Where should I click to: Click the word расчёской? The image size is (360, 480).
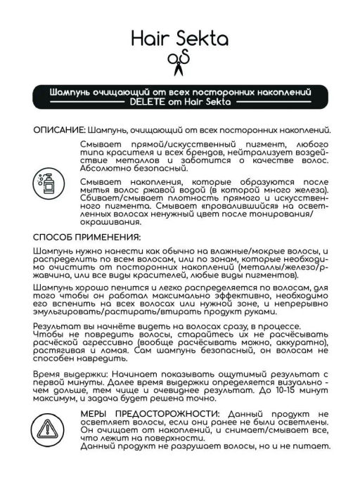click(56, 354)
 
